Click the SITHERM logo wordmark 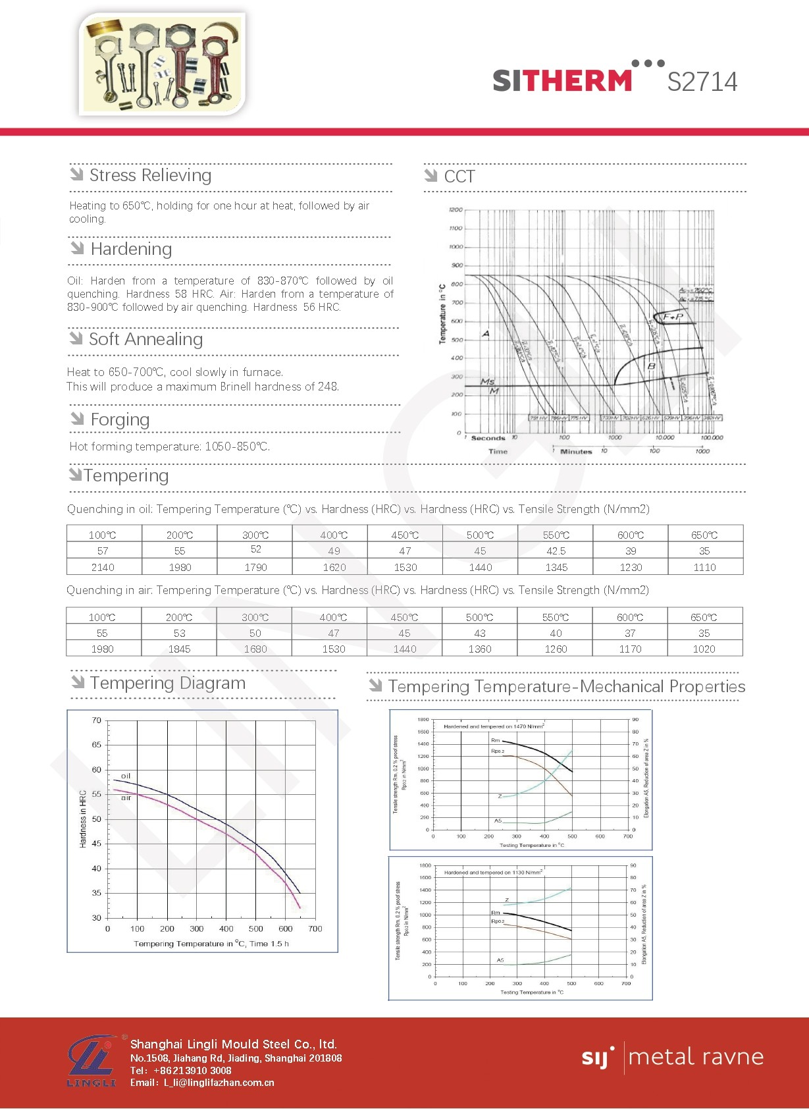(x=562, y=80)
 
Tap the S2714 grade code (x=702, y=82)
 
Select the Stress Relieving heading (x=150, y=175)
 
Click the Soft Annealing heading (x=145, y=339)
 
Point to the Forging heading (x=120, y=419)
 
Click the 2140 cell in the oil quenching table (x=103, y=567)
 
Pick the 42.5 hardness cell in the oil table (x=556, y=551)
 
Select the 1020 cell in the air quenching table (x=704, y=649)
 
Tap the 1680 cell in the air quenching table (x=255, y=649)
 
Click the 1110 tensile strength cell (x=704, y=567)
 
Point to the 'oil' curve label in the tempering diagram (x=126, y=776)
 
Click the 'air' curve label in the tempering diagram (x=126, y=798)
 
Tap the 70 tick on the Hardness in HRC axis (x=97, y=720)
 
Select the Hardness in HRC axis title (x=83, y=819)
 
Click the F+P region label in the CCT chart (x=673, y=317)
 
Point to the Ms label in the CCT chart (x=487, y=381)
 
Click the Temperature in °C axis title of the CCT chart (x=442, y=313)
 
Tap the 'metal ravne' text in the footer (x=696, y=1057)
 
